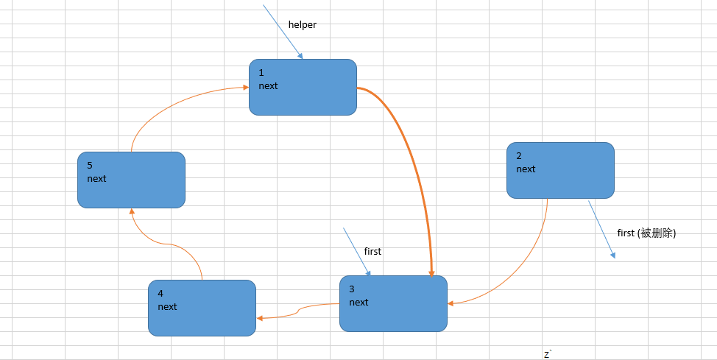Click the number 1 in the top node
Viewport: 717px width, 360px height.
tap(261, 73)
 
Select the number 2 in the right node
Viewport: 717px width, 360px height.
tap(519, 156)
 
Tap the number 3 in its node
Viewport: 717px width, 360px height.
tap(352, 289)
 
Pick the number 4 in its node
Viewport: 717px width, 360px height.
tap(160, 293)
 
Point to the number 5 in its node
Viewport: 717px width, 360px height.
tap(90, 165)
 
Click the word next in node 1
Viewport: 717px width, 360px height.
tap(268, 86)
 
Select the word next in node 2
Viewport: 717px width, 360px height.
tap(526, 169)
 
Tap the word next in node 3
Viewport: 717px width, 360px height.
tap(358, 303)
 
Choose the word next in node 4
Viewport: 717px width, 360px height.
tap(167, 306)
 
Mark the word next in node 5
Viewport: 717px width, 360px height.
tap(96, 178)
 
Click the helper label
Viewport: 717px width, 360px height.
tap(303, 25)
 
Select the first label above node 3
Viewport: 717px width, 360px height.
tap(372, 251)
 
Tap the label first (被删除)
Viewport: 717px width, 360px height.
tap(646, 233)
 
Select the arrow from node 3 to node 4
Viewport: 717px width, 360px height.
tap(298, 311)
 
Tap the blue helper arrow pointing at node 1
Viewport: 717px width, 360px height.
tap(283, 32)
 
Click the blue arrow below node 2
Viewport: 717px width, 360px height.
tap(601, 229)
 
